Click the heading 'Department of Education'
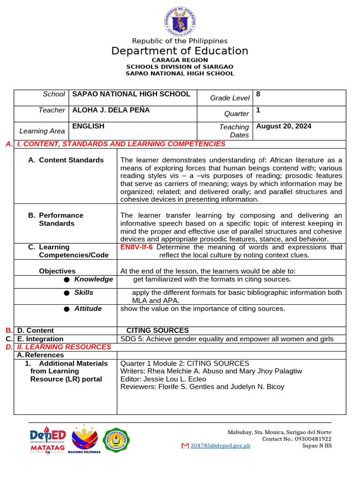pos(180,51)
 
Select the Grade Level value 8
pos(258,94)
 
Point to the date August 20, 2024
pos(284,126)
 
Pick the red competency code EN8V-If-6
pos(136,247)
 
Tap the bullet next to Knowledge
pos(67,279)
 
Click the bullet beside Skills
pos(67,293)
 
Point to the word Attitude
pos(88,309)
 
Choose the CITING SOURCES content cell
pos(157,330)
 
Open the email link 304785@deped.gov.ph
pos(220,445)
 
